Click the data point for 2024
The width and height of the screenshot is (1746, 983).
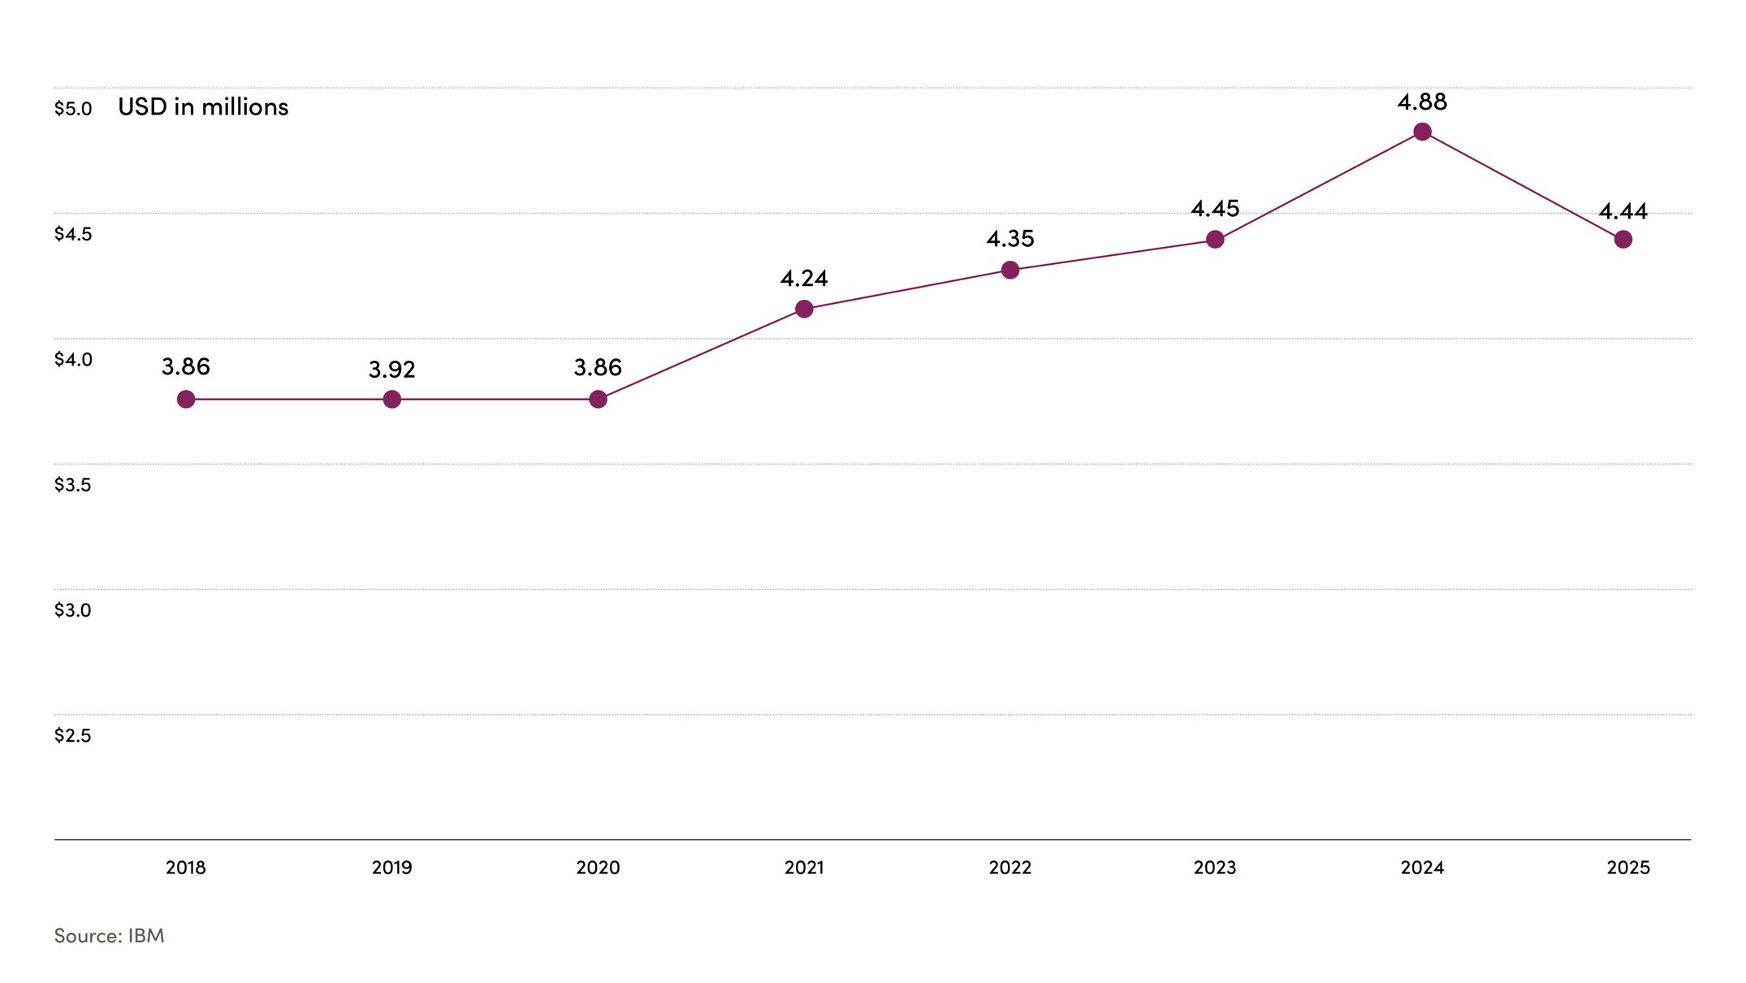click(x=1422, y=132)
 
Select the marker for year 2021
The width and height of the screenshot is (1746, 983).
click(x=804, y=309)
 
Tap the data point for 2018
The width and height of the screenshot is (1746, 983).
click(x=186, y=399)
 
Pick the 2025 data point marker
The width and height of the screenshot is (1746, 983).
click(x=1623, y=240)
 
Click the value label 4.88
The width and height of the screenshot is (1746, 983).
click(x=1422, y=102)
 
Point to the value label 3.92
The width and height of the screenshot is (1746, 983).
click(x=391, y=370)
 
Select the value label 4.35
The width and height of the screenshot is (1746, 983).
click(x=1010, y=239)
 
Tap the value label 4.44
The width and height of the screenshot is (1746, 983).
click(x=1623, y=212)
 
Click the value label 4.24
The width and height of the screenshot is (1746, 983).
click(x=804, y=279)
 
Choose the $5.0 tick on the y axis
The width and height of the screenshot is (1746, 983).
click(x=73, y=109)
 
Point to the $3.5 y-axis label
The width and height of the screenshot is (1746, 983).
click(x=73, y=485)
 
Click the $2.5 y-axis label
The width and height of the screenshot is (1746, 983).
click(x=73, y=736)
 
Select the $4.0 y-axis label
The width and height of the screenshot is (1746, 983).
click(x=73, y=359)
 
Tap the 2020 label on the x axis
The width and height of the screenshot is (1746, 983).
click(x=598, y=868)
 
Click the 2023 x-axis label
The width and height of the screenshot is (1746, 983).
click(x=1215, y=868)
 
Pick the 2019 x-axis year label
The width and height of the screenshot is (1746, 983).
click(x=391, y=868)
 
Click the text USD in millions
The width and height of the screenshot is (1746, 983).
click(x=203, y=107)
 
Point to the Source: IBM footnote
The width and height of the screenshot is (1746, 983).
click(x=109, y=936)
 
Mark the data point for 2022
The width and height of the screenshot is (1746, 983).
click(x=1010, y=270)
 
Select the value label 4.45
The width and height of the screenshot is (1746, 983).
click(x=1215, y=209)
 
